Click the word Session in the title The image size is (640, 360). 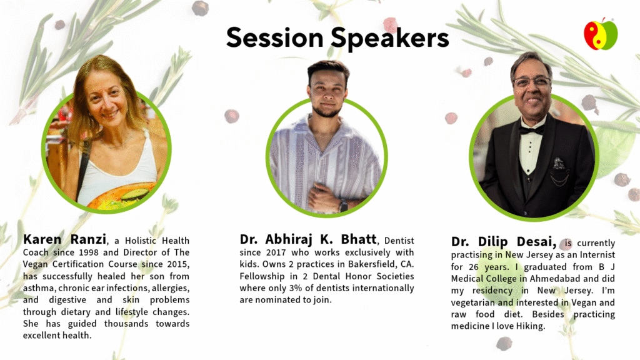(275, 37)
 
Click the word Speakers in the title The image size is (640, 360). (390, 39)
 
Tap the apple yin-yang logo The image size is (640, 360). (601, 34)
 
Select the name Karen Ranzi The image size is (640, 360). (64, 239)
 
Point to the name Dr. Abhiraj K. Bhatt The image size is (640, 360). (308, 239)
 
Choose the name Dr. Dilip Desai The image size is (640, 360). (504, 242)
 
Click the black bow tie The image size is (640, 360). (531, 131)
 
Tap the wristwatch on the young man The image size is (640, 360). (344, 205)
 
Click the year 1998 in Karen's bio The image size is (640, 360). (89, 252)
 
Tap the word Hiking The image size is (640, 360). (531, 326)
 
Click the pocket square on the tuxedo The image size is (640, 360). (559, 164)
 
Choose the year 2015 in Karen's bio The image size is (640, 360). (179, 264)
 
